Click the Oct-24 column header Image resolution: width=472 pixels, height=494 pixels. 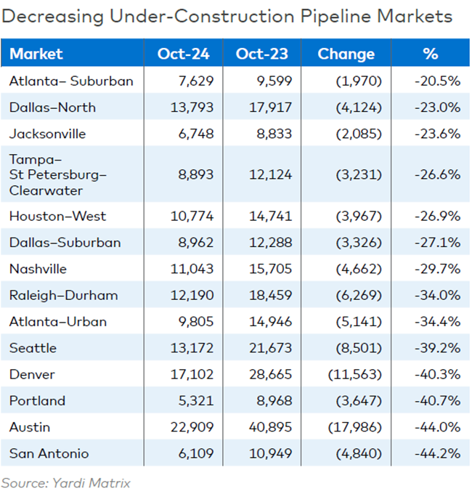[x=184, y=54]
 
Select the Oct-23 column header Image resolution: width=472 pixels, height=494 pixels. [x=263, y=54]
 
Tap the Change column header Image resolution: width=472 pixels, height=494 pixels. [x=346, y=54]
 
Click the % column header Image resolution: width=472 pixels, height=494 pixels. [x=431, y=54]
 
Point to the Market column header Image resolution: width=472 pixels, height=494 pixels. [x=36, y=54]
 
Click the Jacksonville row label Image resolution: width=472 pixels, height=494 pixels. [x=48, y=134]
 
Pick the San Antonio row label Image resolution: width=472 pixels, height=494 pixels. [x=49, y=453]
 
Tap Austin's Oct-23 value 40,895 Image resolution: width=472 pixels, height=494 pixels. [x=269, y=427]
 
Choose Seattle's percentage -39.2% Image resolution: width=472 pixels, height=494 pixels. [x=438, y=348]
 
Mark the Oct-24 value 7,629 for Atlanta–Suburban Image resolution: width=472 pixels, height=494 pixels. [x=196, y=81]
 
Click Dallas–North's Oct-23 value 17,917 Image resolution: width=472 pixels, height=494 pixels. [x=269, y=108]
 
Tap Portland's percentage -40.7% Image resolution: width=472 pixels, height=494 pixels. [x=438, y=400]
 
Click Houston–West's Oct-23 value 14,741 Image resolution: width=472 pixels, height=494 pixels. [x=269, y=216]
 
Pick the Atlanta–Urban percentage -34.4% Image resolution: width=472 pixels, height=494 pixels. [x=438, y=322]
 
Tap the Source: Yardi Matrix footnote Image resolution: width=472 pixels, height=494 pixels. [x=65, y=482]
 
